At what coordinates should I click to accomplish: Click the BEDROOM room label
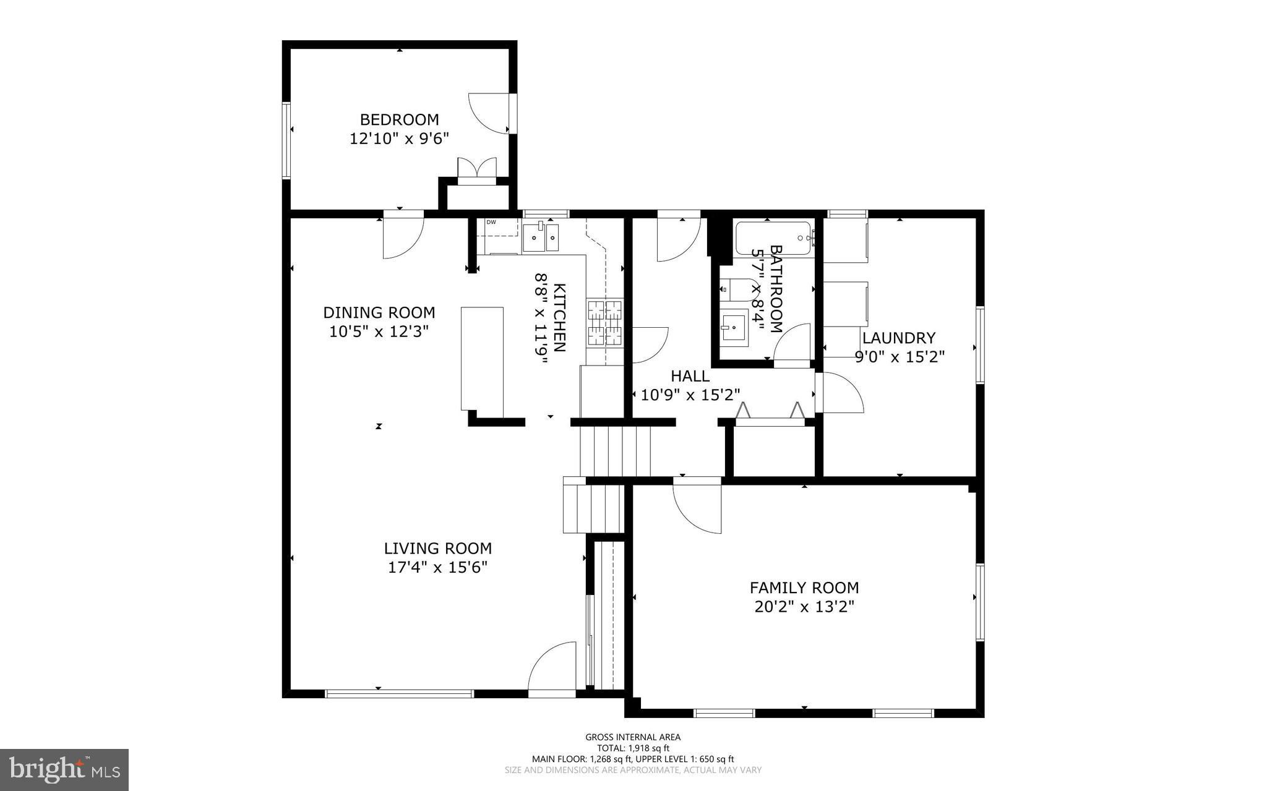tap(399, 119)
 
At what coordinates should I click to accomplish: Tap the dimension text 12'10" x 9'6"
tap(399, 139)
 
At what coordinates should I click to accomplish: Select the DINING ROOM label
tap(379, 312)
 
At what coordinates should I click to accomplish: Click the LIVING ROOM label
tap(437, 549)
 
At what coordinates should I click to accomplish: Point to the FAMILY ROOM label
tap(804, 588)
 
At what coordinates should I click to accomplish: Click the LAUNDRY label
tap(898, 338)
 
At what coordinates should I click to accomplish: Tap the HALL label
tap(690, 376)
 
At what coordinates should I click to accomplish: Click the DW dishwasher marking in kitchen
tap(491, 222)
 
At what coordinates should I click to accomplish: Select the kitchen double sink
tap(541, 237)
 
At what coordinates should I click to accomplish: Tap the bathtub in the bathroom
tap(773, 238)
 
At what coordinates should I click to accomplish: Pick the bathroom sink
tap(734, 325)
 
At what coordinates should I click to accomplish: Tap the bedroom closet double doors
tap(476, 169)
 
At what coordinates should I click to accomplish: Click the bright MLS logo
tap(64, 769)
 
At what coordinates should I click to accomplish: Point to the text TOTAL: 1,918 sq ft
tap(633, 748)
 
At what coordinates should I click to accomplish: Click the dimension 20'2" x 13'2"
tap(804, 607)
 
